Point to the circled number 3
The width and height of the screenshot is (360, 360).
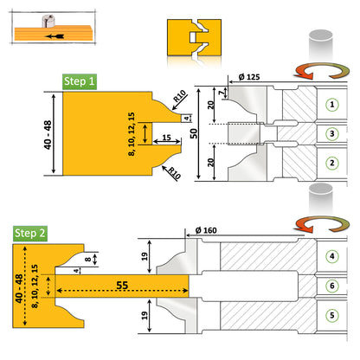(331, 133)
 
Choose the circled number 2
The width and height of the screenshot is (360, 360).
(331, 162)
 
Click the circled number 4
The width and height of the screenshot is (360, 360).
(332, 256)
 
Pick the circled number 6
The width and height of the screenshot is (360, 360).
(332, 285)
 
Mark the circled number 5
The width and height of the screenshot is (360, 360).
(332, 313)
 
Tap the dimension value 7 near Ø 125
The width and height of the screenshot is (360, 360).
(222, 91)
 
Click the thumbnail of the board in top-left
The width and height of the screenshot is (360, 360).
(52, 33)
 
